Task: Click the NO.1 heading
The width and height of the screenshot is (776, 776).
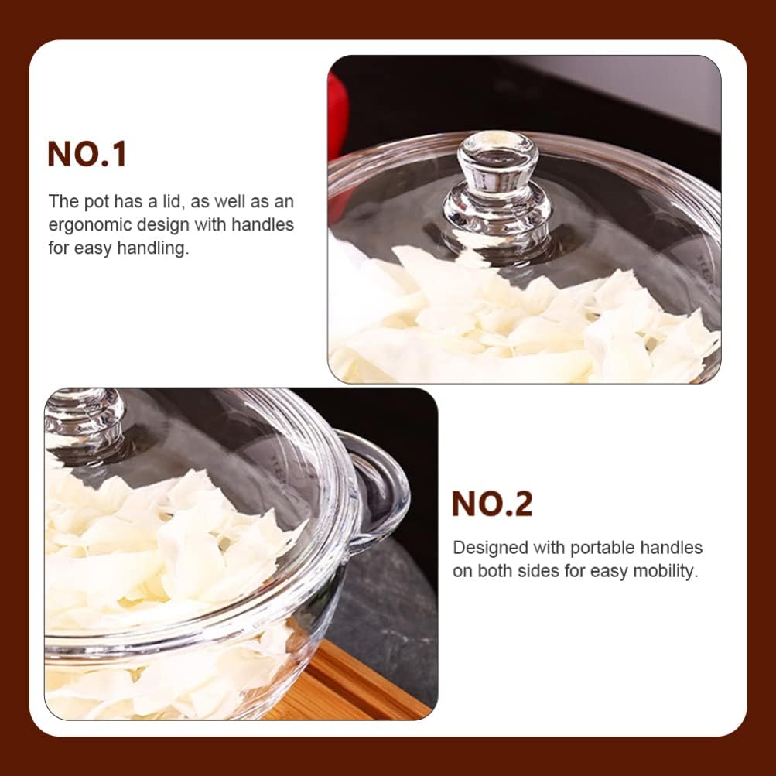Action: [87, 154]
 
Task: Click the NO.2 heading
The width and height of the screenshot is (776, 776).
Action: [492, 504]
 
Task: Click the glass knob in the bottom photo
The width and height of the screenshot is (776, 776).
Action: [83, 418]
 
